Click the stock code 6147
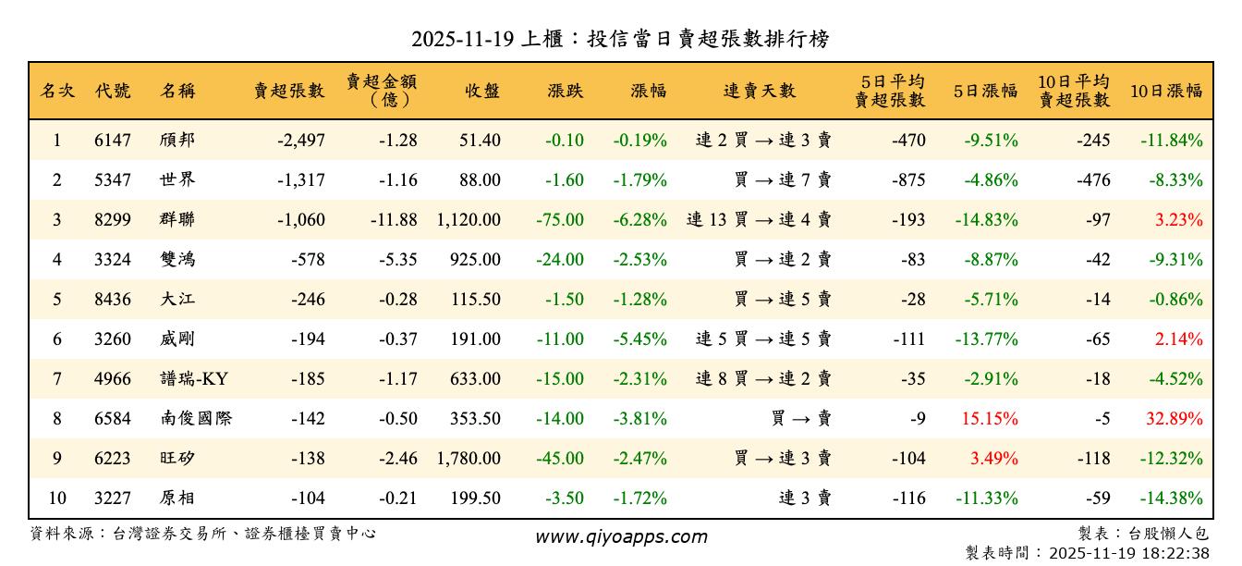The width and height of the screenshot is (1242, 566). [x=113, y=141]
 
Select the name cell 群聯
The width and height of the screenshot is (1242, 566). [x=177, y=220]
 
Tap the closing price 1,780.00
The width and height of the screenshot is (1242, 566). [x=468, y=459]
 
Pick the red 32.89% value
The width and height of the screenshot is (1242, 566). [x=1175, y=419]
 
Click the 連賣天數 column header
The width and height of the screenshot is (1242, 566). [x=759, y=91]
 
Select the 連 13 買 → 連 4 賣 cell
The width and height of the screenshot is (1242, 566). [x=759, y=220]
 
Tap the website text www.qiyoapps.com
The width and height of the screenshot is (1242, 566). [x=621, y=536]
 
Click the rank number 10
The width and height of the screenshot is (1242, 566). [x=56, y=498]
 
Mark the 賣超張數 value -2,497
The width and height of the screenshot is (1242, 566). [x=300, y=141]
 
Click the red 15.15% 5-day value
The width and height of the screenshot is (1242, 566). [x=990, y=419]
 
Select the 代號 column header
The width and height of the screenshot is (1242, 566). [x=113, y=91]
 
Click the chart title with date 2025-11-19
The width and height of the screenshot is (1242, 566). [x=620, y=39]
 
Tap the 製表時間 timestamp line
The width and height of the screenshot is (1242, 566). [x=1087, y=553]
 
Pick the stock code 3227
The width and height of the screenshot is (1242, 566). [x=113, y=498]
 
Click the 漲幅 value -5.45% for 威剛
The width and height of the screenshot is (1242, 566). [x=639, y=339]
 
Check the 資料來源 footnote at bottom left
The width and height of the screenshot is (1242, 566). [x=203, y=534]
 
